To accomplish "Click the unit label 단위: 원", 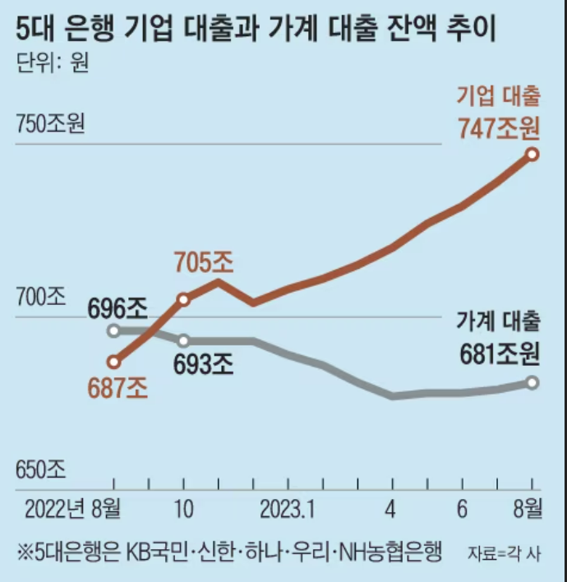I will tap(51, 65).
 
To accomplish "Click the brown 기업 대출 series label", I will tap(499, 96).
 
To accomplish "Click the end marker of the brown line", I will tap(532, 154).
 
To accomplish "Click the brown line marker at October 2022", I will tap(184, 299).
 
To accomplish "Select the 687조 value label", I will tap(117, 387).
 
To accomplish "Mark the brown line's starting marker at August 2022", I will tap(115, 361).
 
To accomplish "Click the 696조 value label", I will tap(117, 309).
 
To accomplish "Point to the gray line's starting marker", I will tap(115, 330).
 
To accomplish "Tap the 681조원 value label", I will tap(499, 354).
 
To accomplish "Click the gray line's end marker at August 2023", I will tap(532, 382).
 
